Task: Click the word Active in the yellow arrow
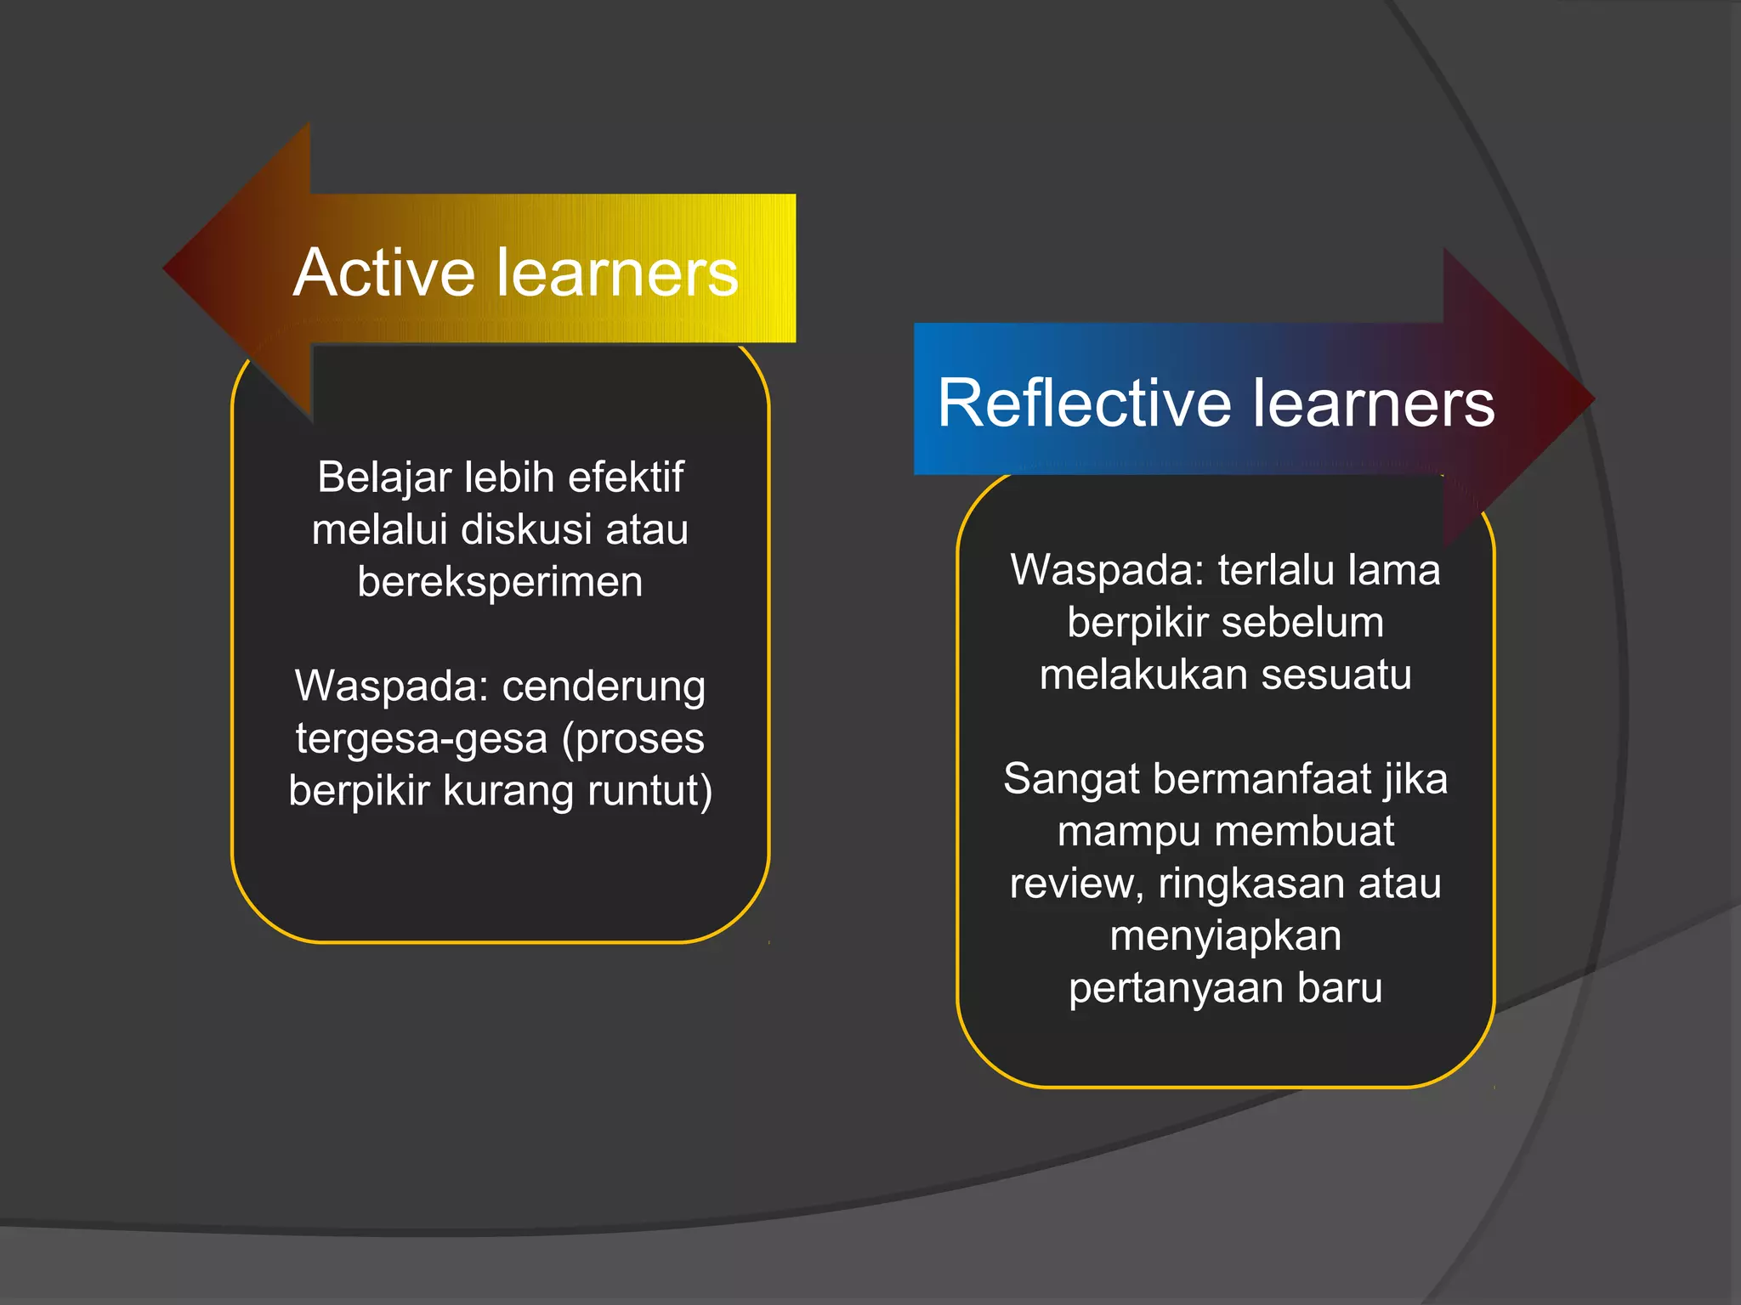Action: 383,273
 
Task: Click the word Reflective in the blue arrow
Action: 1082,403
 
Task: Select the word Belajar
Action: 383,477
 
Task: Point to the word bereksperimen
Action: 500,583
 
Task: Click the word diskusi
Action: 526,529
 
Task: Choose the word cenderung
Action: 604,686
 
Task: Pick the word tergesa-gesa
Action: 421,738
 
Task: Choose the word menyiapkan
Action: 1226,936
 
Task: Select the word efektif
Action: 626,477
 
